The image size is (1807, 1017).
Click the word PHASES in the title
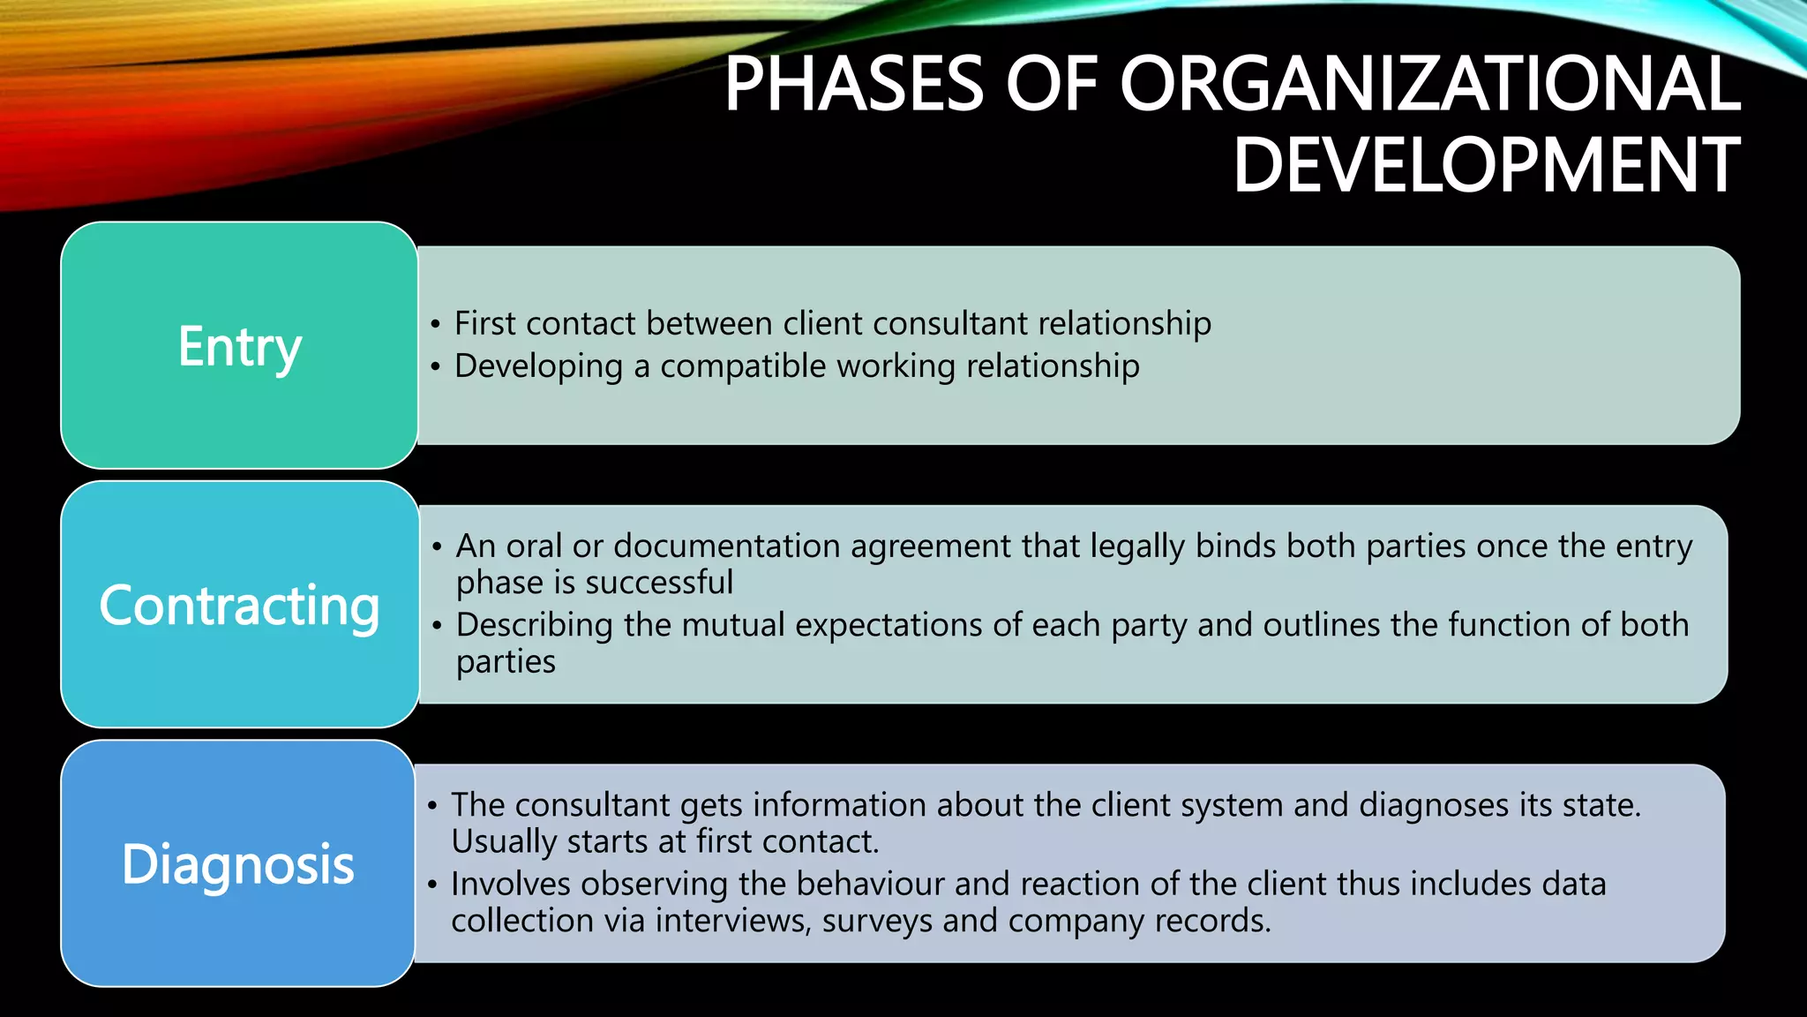tap(853, 84)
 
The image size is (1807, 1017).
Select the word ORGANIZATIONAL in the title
tap(1430, 84)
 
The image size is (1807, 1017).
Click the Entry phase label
tap(239, 346)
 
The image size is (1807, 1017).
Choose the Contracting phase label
tap(239, 606)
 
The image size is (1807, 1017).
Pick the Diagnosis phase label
tap(238, 864)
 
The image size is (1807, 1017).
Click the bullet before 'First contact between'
tap(435, 325)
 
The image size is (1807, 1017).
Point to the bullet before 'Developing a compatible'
tap(435, 367)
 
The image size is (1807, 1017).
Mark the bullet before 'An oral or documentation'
tap(437, 547)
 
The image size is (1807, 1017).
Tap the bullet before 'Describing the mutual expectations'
tap(437, 626)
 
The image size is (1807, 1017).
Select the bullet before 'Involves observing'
tap(432, 885)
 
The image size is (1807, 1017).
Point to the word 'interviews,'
tap(733, 922)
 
